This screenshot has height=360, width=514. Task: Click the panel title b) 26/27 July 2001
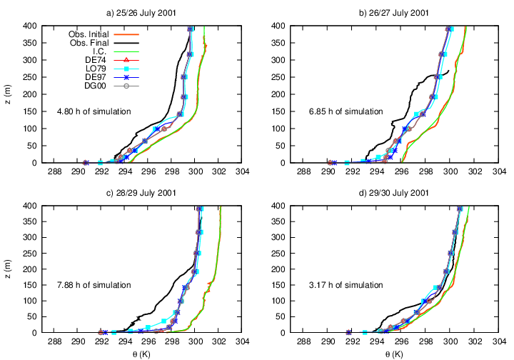click(392, 13)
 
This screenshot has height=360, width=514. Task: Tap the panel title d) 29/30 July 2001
click(392, 193)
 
